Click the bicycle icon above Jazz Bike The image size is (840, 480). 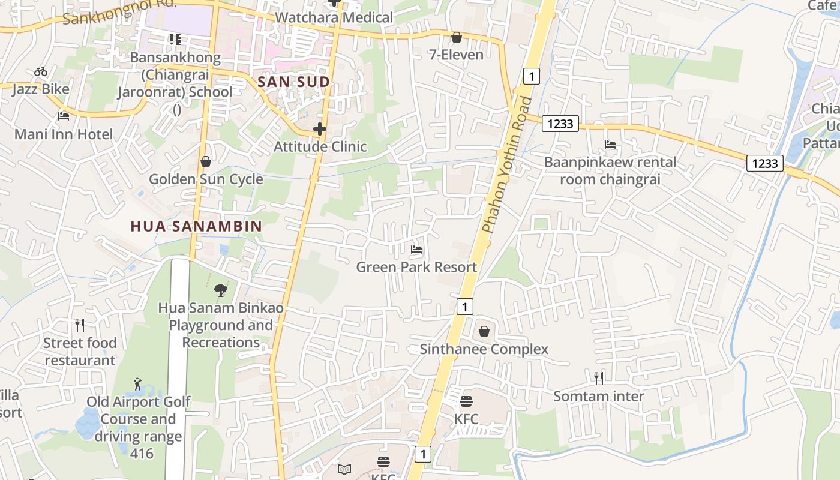click(41, 71)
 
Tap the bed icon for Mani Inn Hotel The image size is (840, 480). click(64, 116)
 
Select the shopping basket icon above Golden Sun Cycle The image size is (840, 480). click(206, 161)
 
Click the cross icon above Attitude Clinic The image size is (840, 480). click(320, 128)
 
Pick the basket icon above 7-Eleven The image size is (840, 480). click(457, 37)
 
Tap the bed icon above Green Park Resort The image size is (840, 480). click(416, 249)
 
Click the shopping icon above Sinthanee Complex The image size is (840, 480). click(484, 331)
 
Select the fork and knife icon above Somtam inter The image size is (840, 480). click(598, 378)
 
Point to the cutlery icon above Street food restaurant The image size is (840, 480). click(80, 325)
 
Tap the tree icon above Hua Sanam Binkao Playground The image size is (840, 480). click(221, 290)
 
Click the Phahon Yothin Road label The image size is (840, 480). click(507, 165)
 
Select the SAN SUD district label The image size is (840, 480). click(293, 82)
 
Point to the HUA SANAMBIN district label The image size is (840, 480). click(197, 226)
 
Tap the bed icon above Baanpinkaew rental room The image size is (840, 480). click(610, 144)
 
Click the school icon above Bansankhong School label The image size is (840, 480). click(175, 40)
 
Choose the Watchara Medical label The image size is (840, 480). click(334, 17)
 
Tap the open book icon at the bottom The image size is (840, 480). click(344, 469)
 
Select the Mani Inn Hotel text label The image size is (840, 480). click(64, 134)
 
